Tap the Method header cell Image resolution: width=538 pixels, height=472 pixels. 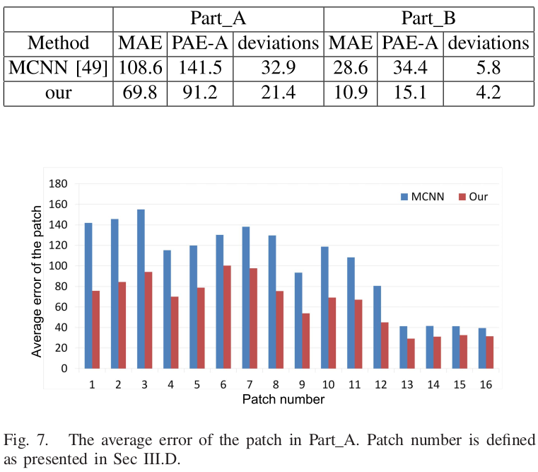click(58, 42)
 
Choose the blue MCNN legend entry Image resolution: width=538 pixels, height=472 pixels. click(421, 197)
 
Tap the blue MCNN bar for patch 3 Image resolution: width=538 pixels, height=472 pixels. click(141, 289)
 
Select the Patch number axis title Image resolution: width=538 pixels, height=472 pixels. click(283, 399)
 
